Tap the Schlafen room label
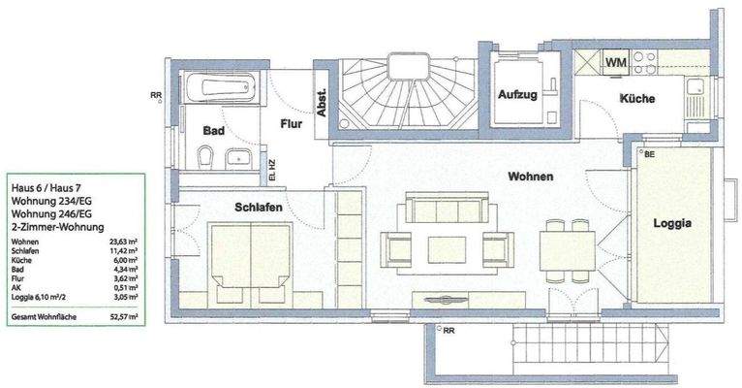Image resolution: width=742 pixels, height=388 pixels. [x=258, y=208]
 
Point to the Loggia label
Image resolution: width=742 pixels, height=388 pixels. [x=671, y=222]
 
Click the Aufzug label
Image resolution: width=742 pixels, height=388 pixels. [x=518, y=95]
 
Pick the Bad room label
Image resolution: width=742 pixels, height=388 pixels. [x=214, y=130]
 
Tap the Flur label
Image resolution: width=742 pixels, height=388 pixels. [x=293, y=124]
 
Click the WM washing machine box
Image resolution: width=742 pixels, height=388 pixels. [x=615, y=63]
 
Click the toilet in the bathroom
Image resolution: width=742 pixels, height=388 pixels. [x=205, y=157]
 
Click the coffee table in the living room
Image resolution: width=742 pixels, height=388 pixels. [x=447, y=248]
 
